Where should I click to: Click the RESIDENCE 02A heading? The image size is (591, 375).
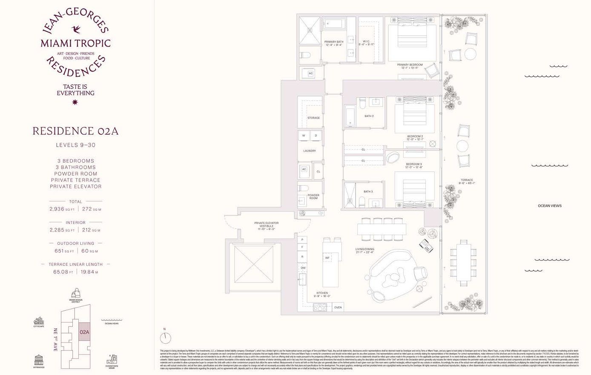tap(75, 131)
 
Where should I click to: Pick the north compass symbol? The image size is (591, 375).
tap(165, 337)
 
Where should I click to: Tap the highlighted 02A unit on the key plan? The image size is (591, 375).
tap(84, 331)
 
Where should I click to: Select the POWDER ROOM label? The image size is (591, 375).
tap(313, 197)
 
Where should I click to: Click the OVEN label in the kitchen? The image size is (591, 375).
tap(338, 307)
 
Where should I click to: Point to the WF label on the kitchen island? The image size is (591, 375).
tap(327, 258)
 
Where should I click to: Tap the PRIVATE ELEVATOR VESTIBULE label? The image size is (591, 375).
tap(267, 225)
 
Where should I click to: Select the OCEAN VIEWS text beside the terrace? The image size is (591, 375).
tap(549, 206)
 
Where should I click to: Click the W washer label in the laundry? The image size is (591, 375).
tap(304, 136)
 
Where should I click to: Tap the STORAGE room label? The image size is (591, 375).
tap(313, 118)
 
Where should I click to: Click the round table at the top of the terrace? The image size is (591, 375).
tap(471, 54)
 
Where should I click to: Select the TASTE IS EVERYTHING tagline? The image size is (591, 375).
tap(75, 90)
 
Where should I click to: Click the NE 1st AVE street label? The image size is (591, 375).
tap(55, 340)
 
